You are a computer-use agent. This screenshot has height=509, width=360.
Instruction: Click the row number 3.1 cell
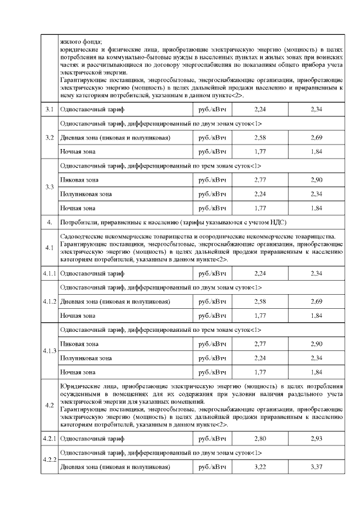[x=49, y=109]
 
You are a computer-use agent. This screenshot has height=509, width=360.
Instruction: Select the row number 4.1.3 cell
[x=49, y=351]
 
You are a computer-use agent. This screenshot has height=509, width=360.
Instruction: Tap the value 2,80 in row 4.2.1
[x=259, y=438]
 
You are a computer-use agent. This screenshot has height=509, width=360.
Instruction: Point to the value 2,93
[x=316, y=438]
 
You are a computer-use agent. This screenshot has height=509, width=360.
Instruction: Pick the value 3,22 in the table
[x=259, y=467]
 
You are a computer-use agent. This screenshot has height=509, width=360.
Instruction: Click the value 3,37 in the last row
[x=316, y=467]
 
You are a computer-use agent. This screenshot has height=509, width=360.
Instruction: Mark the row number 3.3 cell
[x=49, y=187]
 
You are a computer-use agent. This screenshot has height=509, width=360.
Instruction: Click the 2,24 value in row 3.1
[x=259, y=109]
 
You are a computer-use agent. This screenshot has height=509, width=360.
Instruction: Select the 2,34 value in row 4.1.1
[x=316, y=273]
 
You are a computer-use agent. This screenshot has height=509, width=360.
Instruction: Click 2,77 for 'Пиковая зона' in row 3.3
[x=259, y=180]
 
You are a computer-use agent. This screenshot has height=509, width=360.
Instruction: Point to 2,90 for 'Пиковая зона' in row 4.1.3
[x=316, y=344]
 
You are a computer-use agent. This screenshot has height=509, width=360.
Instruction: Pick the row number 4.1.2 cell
[x=49, y=301]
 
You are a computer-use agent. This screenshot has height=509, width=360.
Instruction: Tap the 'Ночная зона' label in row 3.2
[x=78, y=151]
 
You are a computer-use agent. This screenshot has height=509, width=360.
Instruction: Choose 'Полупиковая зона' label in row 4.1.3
[x=85, y=358]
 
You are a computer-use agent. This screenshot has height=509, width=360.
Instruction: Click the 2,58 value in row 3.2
[x=259, y=137]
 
